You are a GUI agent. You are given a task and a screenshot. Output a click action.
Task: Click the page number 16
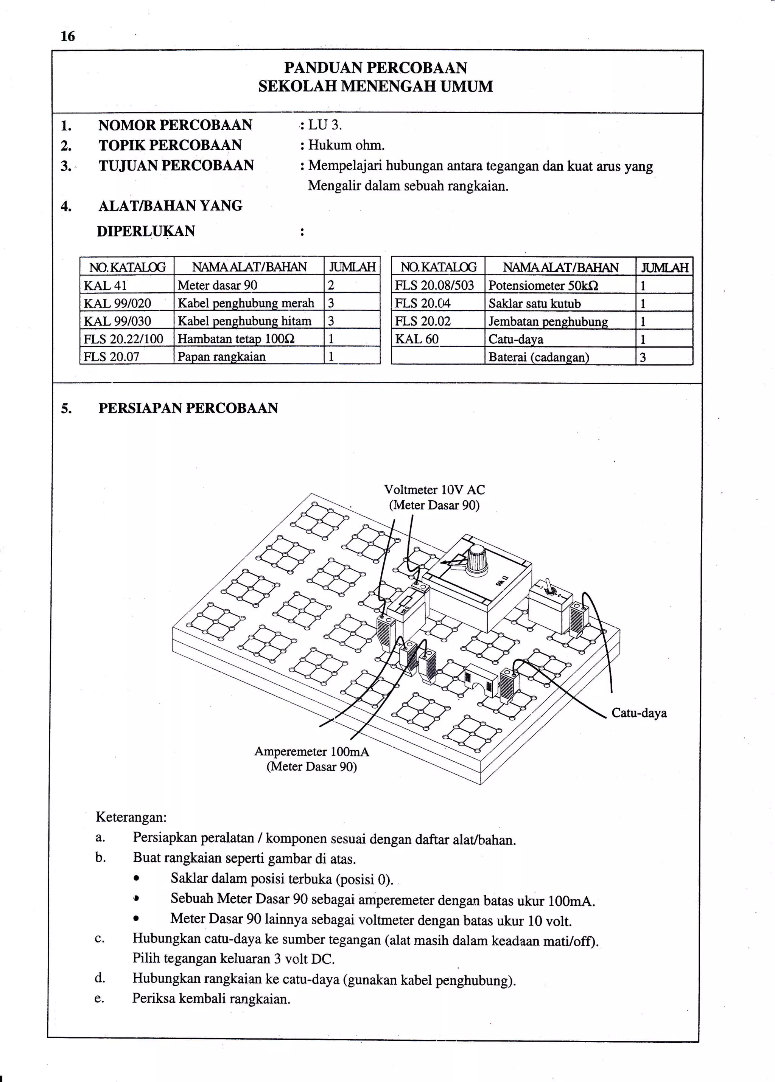(68, 36)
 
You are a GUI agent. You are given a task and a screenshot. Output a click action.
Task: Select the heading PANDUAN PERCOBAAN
(375, 68)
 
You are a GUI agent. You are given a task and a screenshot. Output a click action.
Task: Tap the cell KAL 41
(106, 285)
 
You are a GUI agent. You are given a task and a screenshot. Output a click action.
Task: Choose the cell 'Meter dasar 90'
(218, 285)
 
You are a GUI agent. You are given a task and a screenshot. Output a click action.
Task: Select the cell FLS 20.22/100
(123, 339)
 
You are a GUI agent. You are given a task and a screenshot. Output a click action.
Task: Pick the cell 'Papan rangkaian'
(221, 357)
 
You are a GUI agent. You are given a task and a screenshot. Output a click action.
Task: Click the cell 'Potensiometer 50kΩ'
(543, 286)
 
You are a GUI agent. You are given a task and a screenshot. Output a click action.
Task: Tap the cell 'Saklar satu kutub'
(534, 304)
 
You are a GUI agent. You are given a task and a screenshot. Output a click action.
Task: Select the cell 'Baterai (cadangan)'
(539, 357)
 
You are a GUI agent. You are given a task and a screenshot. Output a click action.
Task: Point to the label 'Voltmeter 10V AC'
(434, 490)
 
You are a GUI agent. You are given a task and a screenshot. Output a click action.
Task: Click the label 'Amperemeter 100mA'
(311, 751)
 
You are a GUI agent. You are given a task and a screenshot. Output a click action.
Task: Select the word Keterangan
(131, 817)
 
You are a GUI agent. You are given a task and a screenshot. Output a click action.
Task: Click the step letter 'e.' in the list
(99, 998)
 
